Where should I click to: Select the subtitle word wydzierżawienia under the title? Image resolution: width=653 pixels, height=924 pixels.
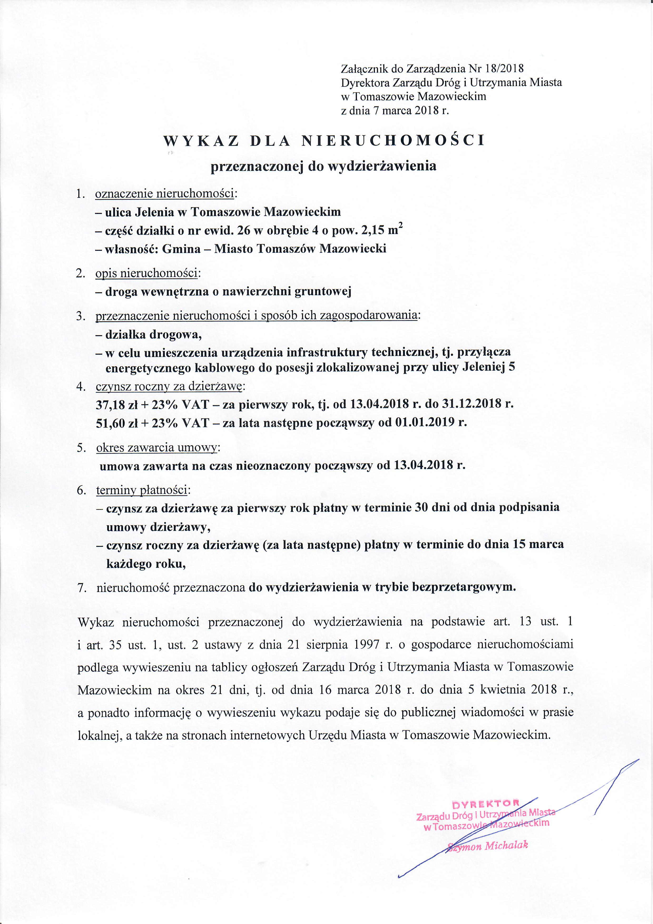coord(382,166)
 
